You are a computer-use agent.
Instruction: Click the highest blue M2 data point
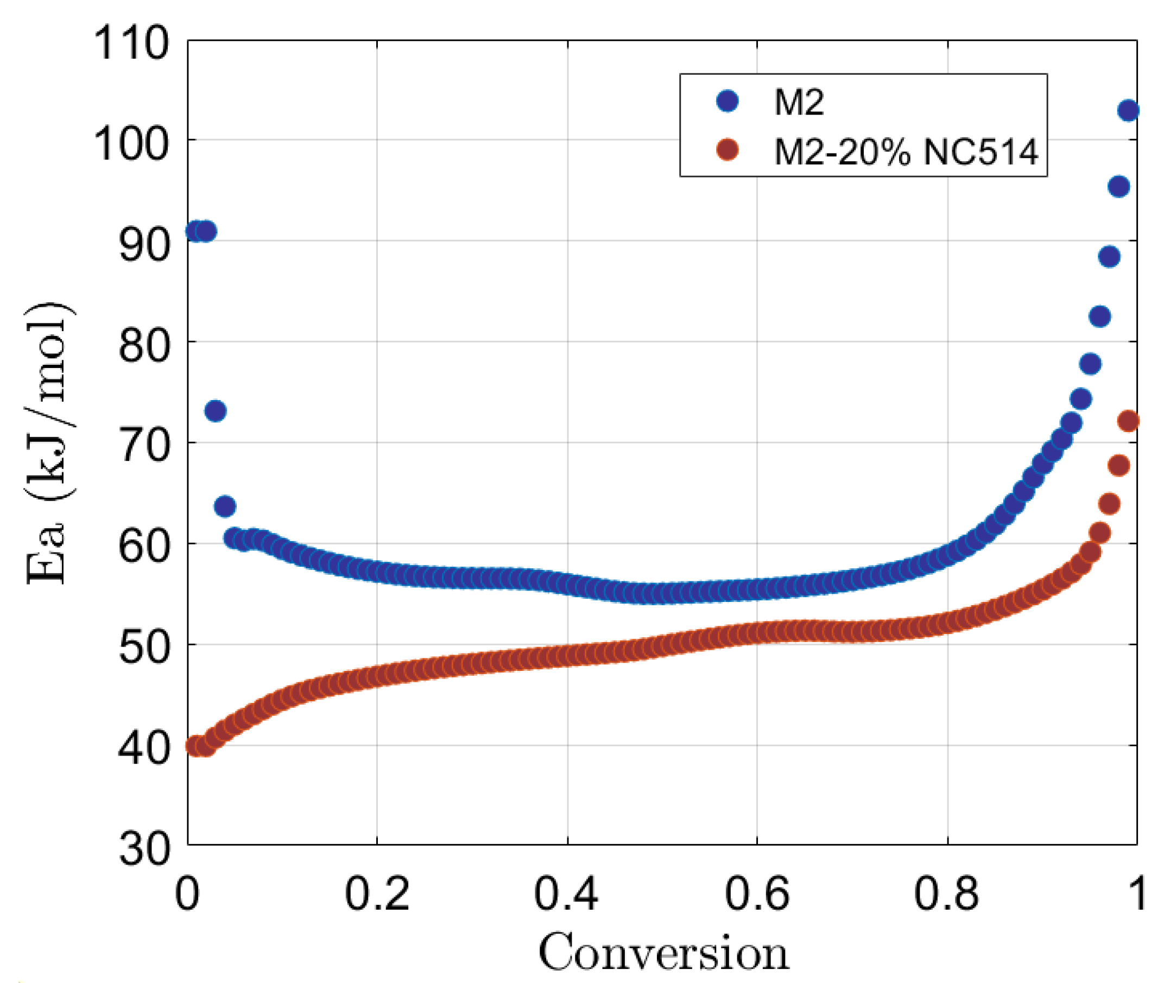(1128, 111)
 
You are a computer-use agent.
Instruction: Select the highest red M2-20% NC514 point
(1128, 421)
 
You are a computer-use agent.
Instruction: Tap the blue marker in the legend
(728, 101)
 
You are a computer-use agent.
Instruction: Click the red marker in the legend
(728, 150)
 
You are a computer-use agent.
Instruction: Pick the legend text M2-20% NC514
(906, 151)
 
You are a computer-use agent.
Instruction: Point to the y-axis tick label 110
(131, 44)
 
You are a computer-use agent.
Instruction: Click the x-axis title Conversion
(663, 954)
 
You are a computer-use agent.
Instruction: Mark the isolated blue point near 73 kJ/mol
(215, 411)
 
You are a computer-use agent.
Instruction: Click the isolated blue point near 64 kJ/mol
(225, 506)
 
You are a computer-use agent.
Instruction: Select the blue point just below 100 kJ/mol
(1119, 187)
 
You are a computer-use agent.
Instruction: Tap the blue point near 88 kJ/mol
(1109, 257)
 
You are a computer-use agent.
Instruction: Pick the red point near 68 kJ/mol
(1119, 466)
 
